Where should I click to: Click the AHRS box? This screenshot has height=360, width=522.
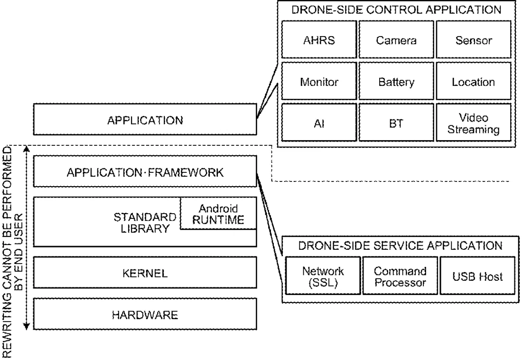coord(319,40)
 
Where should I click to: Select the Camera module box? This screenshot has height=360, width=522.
coord(396,40)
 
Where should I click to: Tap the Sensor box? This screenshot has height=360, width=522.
coord(474,40)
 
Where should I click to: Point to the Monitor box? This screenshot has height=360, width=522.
coord(319,81)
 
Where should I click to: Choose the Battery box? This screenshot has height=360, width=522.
coord(396,81)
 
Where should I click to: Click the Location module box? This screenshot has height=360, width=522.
coord(474,81)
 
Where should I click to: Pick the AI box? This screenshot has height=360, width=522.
coord(319,123)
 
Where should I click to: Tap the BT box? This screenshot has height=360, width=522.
coord(396,123)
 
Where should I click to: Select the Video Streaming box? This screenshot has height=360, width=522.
coord(474,123)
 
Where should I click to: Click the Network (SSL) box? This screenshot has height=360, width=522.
coord(323,275)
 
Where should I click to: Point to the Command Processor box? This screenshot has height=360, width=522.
coord(400,275)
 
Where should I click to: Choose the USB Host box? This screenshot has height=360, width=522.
coord(477,275)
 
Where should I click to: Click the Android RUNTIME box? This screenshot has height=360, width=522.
coord(218,213)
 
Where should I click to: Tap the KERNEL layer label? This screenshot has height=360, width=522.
coord(145,274)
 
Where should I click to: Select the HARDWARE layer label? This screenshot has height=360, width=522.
coord(145,315)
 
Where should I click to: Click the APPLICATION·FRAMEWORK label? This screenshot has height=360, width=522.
coord(145,173)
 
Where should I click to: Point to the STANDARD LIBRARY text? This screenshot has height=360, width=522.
coord(145,223)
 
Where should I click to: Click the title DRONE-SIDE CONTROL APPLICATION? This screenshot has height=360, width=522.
coord(396,9)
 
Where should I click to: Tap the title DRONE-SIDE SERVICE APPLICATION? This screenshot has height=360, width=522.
coord(400,246)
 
